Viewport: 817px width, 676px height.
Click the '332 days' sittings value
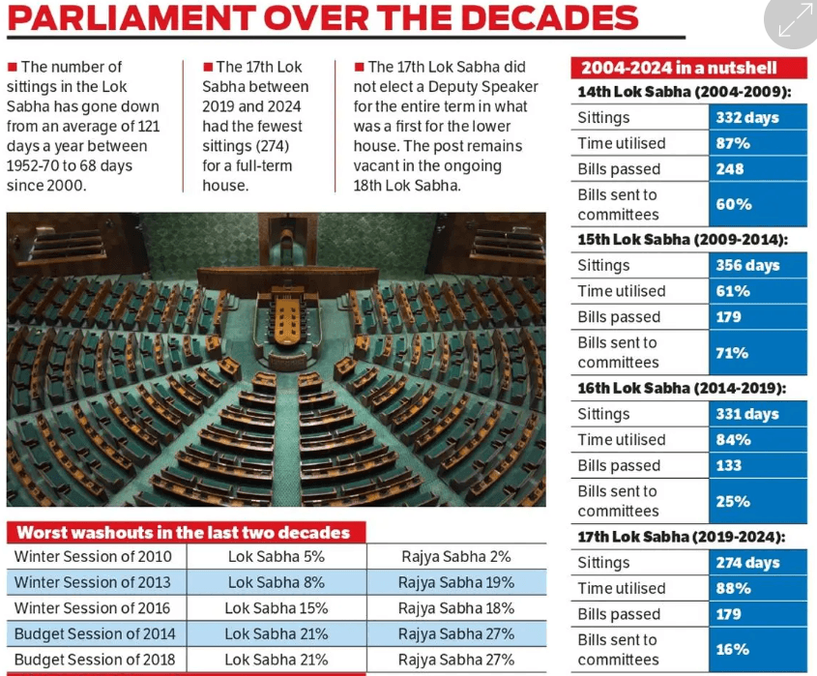746,118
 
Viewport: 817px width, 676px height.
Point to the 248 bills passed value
730,169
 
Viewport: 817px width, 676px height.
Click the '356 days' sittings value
747,266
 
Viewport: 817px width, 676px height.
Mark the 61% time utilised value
732,291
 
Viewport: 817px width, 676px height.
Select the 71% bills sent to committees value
732,353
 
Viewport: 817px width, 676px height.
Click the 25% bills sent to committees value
732,501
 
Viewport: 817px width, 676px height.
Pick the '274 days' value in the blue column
746,563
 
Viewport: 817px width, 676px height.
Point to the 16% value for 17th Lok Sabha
732,650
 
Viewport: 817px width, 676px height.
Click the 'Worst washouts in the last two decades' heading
184,532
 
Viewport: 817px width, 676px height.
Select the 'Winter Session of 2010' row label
93,557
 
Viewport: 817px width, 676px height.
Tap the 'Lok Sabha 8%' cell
277,582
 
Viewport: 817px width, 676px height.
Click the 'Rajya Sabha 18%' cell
456,608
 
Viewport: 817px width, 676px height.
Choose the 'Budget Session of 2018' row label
95,661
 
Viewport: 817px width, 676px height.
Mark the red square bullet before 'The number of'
12,67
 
